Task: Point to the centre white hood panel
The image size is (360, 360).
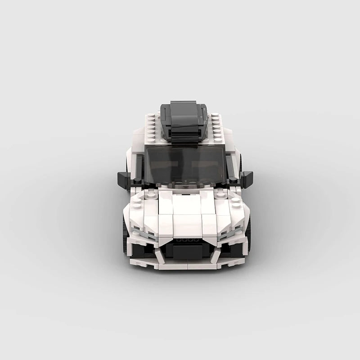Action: (185, 205)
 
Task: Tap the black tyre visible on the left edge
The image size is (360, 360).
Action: (125, 234)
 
